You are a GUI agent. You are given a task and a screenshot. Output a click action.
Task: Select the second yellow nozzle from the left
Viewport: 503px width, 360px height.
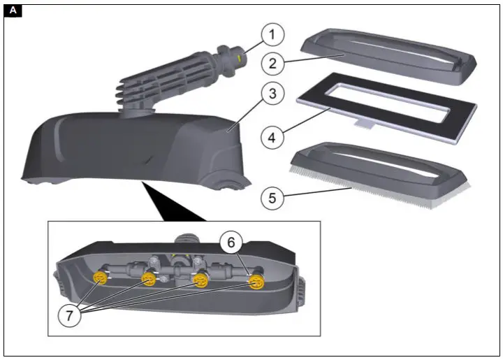150,280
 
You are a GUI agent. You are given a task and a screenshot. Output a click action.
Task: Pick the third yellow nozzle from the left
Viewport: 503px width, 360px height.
200,281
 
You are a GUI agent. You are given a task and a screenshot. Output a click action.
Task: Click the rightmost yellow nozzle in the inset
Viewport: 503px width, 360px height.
256,282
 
